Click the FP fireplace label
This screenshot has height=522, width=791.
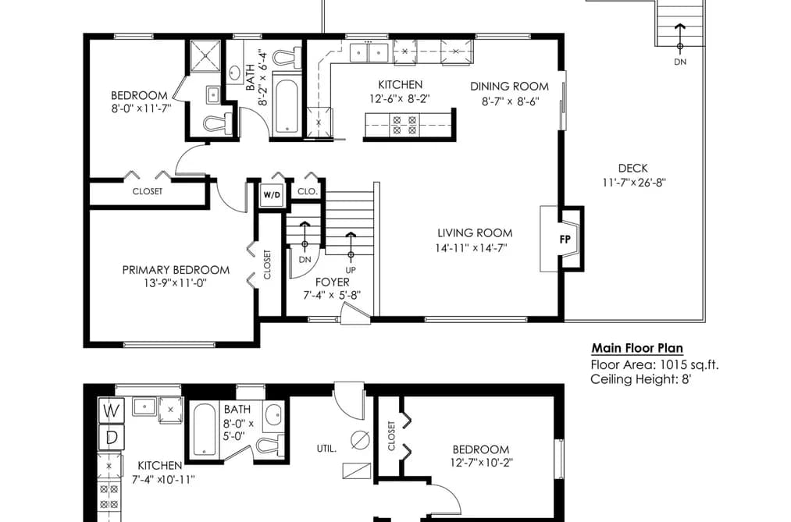565,240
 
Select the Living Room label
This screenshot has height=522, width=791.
475,233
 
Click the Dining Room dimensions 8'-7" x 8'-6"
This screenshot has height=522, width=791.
510,101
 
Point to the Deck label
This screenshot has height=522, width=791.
632,169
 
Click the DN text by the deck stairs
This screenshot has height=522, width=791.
680,62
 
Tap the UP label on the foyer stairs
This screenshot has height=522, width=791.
351,270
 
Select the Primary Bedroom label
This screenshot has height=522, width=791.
176,269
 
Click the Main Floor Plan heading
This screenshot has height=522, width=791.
637,348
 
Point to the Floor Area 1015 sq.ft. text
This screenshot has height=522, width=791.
654,364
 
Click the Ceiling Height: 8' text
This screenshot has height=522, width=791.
640,379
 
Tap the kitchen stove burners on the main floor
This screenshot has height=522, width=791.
404,125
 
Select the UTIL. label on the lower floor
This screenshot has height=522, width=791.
327,448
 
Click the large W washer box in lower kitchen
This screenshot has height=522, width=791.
111,410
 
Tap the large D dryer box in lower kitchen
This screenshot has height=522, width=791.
111,438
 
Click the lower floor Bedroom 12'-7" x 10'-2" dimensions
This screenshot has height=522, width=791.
482,463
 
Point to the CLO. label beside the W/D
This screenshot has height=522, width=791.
307,191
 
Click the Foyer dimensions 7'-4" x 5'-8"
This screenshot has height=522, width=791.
332,295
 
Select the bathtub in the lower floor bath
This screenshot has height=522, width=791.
205,430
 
